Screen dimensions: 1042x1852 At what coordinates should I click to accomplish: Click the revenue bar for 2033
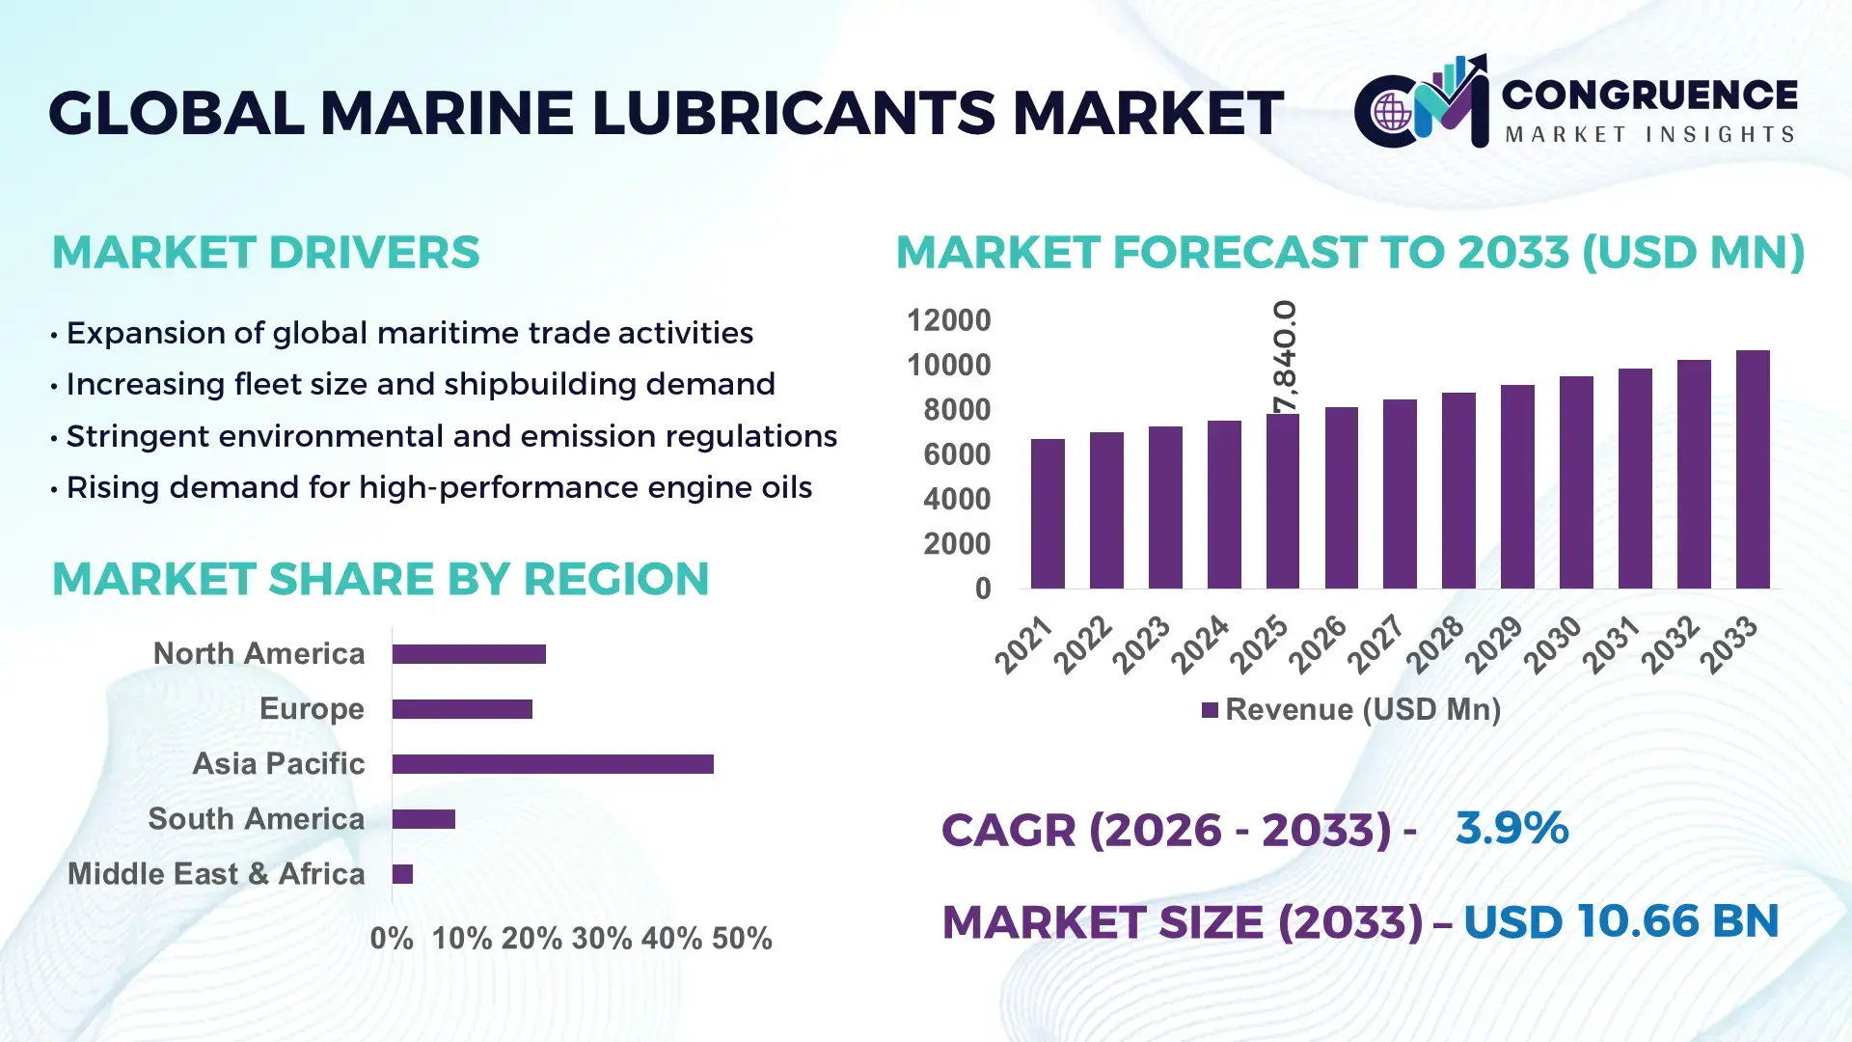(x=1753, y=470)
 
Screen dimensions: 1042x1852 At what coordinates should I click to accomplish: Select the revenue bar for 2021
(x=1048, y=514)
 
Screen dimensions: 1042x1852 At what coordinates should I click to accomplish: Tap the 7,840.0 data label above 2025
(x=1285, y=356)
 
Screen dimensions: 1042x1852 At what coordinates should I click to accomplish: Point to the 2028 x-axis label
(x=1435, y=644)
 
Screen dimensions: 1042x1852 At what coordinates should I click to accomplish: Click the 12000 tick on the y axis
(x=948, y=320)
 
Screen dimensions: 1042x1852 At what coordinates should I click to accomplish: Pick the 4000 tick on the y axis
(x=956, y=499)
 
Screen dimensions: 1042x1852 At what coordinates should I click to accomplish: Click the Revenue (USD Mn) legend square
(x=1210, y=711)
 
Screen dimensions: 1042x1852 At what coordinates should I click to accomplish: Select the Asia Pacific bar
(x=553, y=764)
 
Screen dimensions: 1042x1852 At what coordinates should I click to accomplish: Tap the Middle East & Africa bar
(x=402, y=874)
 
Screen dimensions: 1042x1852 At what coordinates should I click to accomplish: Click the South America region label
(x=256, y=819)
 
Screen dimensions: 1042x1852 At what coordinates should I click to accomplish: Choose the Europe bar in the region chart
(x=462, y=709)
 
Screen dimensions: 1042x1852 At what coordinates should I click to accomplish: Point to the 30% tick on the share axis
(x=602, y=939)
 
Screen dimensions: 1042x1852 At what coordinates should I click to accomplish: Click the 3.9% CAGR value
(x=1512, y=828)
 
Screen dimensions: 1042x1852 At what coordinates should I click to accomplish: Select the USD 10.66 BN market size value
(x=1620, y=921)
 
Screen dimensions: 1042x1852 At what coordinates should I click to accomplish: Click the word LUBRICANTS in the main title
(x=792, y=113)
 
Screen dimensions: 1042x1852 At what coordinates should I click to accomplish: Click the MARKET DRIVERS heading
(x=265, y=253)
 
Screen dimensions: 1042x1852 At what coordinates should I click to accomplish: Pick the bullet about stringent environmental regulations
(x=450, y=436)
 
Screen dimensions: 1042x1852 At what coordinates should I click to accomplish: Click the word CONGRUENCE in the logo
(x=1649, y=95)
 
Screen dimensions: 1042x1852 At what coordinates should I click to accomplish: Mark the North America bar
(x=469, y=654)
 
